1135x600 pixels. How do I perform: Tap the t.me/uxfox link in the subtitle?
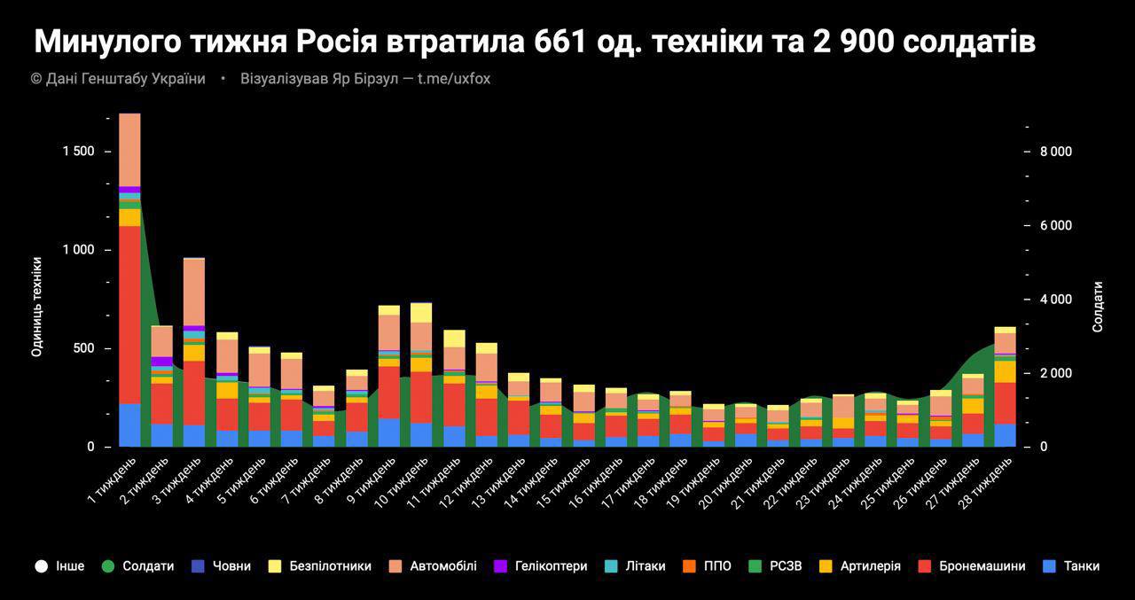(x=453, y=79)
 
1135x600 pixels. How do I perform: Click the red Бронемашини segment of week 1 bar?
(x=129, y=315)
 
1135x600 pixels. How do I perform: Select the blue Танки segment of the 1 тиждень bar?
(x=129, y=425)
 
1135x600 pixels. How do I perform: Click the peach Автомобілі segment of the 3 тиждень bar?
(x=194, y=292)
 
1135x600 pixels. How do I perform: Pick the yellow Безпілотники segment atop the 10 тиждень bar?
(x=421, y=313)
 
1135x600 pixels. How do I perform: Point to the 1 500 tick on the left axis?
(x=78, y=152)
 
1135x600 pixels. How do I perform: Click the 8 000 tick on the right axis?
(x=1056, y=152)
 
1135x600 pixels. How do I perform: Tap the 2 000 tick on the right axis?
(x=1056, y=373)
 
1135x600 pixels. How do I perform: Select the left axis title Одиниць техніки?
(x=36, y=307)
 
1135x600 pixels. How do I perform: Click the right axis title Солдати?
(x=1098, y=307)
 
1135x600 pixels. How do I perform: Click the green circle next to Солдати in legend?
(x=108, y=565)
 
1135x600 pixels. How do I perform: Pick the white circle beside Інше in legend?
(x=41, y=565)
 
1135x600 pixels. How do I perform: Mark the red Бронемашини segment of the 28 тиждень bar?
(x=1005, y=402)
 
